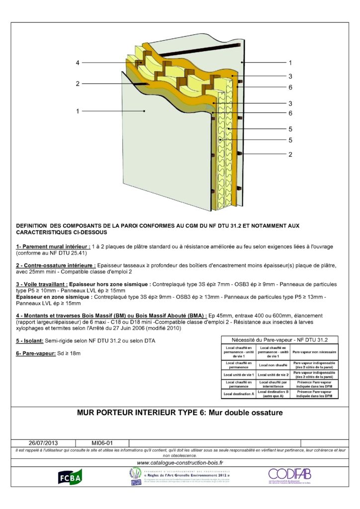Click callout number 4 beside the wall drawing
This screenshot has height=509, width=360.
(78, 63)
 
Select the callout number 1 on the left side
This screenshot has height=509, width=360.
(78, 111)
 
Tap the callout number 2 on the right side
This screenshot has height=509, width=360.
(290, 154)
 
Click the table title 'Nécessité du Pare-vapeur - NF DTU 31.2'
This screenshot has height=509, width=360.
(279, 339)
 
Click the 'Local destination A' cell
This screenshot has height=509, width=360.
(239, 393)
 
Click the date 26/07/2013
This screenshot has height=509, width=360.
(43, 442)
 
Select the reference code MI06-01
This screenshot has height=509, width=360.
(102, 442)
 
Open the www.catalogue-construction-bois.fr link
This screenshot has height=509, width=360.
(180, 463)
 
